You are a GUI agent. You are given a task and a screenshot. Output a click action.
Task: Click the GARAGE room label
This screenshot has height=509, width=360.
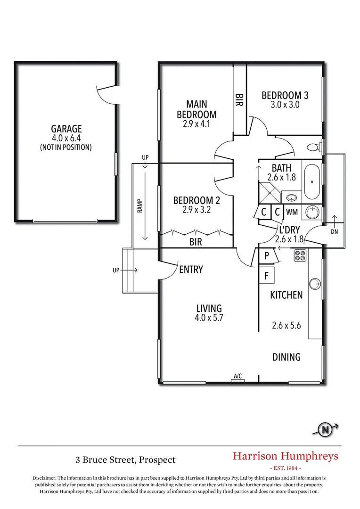66,129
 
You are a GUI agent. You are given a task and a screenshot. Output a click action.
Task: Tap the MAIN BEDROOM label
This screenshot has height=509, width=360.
196,109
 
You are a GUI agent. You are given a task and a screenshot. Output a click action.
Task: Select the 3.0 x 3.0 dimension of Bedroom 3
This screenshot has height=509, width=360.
285,105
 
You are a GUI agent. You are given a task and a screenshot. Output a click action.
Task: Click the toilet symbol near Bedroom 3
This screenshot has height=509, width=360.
313,147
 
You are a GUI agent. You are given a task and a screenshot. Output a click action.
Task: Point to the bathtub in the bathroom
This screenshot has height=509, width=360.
312,181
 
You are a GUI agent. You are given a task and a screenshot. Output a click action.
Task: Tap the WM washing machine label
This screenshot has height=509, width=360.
292,213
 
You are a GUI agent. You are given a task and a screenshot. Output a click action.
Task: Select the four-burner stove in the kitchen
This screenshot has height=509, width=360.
300,255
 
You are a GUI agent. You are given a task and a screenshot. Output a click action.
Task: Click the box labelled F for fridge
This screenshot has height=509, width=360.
266,276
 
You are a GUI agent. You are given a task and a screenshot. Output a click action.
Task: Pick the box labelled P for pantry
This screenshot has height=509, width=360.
266,256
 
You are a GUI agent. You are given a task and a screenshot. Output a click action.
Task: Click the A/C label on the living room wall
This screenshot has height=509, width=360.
238,376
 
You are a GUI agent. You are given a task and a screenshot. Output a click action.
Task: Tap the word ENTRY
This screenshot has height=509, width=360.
191,270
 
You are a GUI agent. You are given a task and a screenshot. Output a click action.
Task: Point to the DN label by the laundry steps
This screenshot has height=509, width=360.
335,231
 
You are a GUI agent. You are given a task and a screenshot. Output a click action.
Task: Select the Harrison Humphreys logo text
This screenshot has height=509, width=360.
286,456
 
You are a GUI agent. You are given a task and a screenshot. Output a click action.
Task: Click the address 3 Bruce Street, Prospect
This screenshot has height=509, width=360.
125,460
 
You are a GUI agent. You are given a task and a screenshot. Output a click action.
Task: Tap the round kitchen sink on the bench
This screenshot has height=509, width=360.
314,283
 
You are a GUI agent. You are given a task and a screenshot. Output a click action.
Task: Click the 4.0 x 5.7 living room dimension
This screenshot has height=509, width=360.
209,318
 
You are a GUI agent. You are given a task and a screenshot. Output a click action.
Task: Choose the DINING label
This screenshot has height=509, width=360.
286,357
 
